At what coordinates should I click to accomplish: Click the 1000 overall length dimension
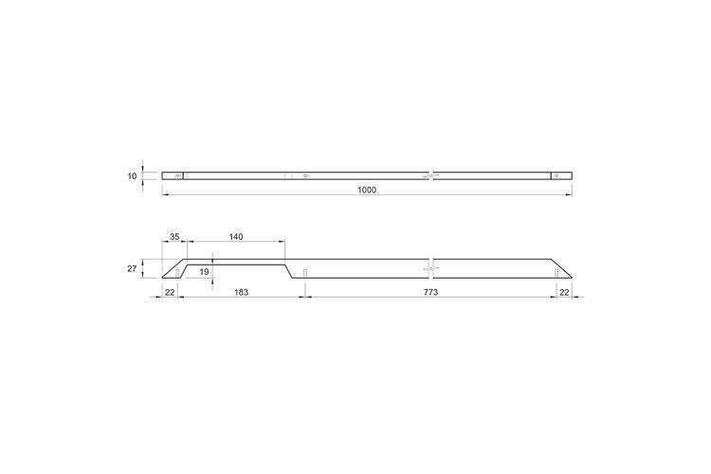click(367, 190)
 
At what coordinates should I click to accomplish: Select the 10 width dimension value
click(132, 176)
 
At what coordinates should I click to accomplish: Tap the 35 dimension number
click(174, 237)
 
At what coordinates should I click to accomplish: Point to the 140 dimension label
click(236, 237)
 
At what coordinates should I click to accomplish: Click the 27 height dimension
click(132, 268)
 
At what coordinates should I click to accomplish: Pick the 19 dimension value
click(204, 272)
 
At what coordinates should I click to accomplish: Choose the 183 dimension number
click(241, 292)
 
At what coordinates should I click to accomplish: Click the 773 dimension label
click(430, 292)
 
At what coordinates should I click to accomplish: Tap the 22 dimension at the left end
click(170, 292)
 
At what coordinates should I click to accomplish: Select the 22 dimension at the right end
click(564, 292)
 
